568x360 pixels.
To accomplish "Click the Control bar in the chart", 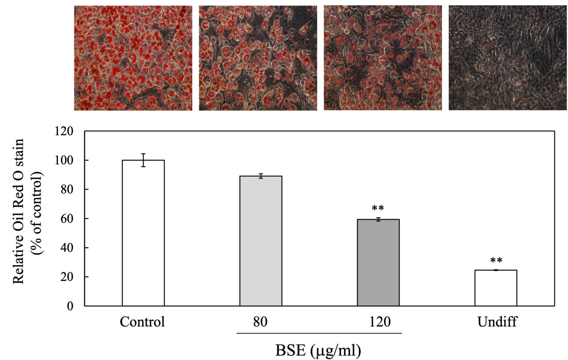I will pyautogui.click(x=143, y=233).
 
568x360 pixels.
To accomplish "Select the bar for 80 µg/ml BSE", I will pyautogui.click(x=261, y=241).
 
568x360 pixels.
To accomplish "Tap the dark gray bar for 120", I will pyautogui.click(x=378, y=262).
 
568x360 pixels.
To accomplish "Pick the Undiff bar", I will pyautogui.click(x=496, y=288).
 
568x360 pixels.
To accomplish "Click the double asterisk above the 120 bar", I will pyautogui.click(x=378, y=208).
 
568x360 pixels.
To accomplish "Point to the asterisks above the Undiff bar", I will pyautogui.click(x=496, y=261).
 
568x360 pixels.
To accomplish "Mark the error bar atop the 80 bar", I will pyautogui.click(x=261, y=176).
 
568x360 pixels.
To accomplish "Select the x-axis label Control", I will pyautogui.click(x=142, y=322).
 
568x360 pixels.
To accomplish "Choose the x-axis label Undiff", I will pyautogui.click(x=497, y=322).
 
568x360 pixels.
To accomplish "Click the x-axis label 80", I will pyautogui.click(x=260, y=322).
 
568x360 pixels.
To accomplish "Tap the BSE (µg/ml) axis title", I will pyautogui.click(x=318, y=350).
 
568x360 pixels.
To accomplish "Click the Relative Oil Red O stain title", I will pyautogui.click(x=18, y=211).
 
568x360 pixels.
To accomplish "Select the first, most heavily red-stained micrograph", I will pyautogui.click(x=133, y=58).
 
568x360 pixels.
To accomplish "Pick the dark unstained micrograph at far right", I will pyautogui.click(x=507, y=58).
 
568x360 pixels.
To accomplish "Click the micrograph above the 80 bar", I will pyautogui.click(x=258, y=58).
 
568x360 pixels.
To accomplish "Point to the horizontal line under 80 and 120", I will pyautogui.click(x=319, y=333).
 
